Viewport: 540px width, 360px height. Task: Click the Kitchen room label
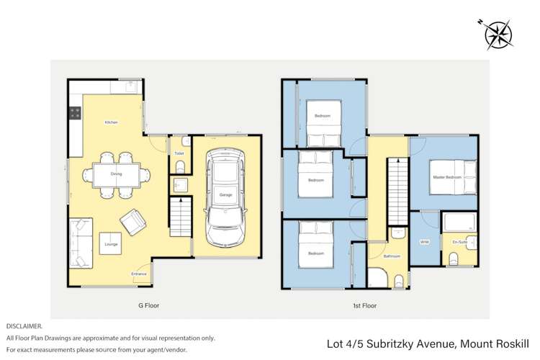point(111,122)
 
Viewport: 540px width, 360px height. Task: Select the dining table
point(116,174)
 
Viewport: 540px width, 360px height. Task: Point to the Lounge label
point(111,246)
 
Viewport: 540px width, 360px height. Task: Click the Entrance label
point(139,274)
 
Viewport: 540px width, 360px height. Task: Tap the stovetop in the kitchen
point(73,113)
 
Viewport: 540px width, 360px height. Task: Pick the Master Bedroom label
point(446,177)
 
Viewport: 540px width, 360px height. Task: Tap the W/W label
point(424,242)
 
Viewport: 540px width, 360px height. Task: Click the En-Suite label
point(459,242)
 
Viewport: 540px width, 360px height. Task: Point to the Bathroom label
point(392,256)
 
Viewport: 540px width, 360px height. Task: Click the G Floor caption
point(148,305)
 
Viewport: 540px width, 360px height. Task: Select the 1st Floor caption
point(365,305)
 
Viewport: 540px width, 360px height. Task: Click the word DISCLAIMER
point(24,326)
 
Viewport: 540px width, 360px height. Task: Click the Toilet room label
point(179,153)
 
